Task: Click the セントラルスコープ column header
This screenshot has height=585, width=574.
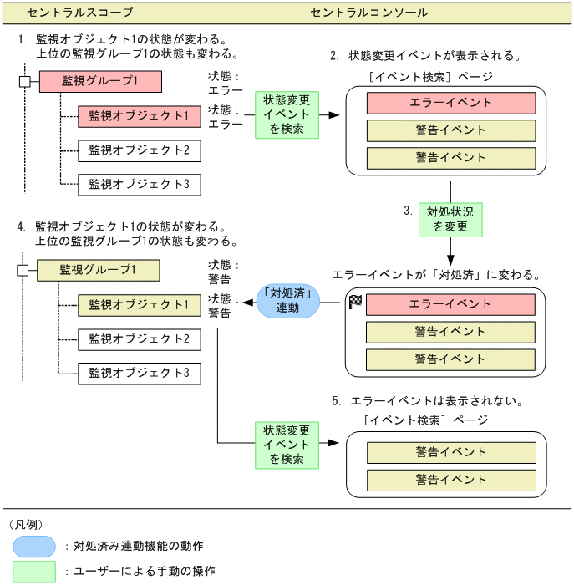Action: coord(79,13)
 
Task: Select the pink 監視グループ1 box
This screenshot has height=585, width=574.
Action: coord(99,81)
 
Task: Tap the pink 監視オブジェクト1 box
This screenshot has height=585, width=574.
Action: coord(140,116)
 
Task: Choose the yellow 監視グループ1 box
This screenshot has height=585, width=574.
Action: coord(98,270)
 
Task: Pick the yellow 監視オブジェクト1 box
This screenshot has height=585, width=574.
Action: coord(140,305)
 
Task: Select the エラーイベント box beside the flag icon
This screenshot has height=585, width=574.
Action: coord(450,304)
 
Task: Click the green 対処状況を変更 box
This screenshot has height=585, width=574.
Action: coord(450,218)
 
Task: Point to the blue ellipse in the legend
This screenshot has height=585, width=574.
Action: coord(35,546)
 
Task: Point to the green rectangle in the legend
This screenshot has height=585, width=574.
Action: coord(35,572)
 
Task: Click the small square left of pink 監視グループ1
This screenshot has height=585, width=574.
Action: coord(24,81)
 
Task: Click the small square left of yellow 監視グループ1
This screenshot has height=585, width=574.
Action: coord(23,270)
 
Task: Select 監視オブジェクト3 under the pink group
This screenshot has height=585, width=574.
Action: coord(140,184)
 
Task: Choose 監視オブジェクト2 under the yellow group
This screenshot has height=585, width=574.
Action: coord(140,339)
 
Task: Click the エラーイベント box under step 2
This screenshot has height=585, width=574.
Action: coord(450,103)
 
